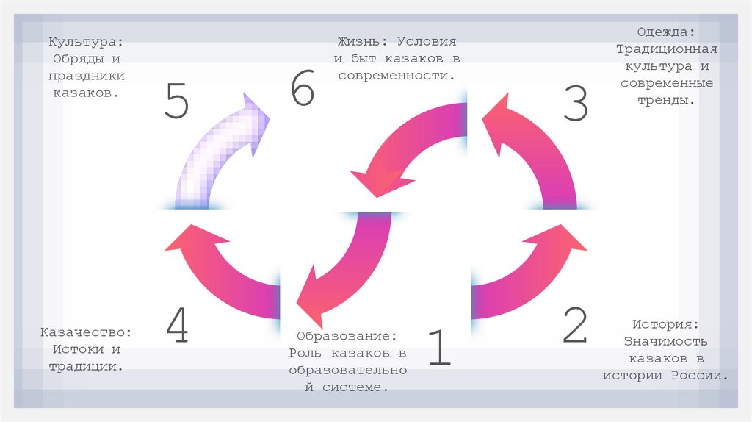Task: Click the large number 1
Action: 438,347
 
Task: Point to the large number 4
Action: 177,325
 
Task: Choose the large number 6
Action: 302,91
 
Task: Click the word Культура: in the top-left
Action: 87,43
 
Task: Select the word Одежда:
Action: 666,32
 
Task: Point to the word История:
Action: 666,323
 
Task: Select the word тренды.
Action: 665,100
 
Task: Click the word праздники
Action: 87,76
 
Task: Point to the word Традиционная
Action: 666,49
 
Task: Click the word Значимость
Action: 666,341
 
